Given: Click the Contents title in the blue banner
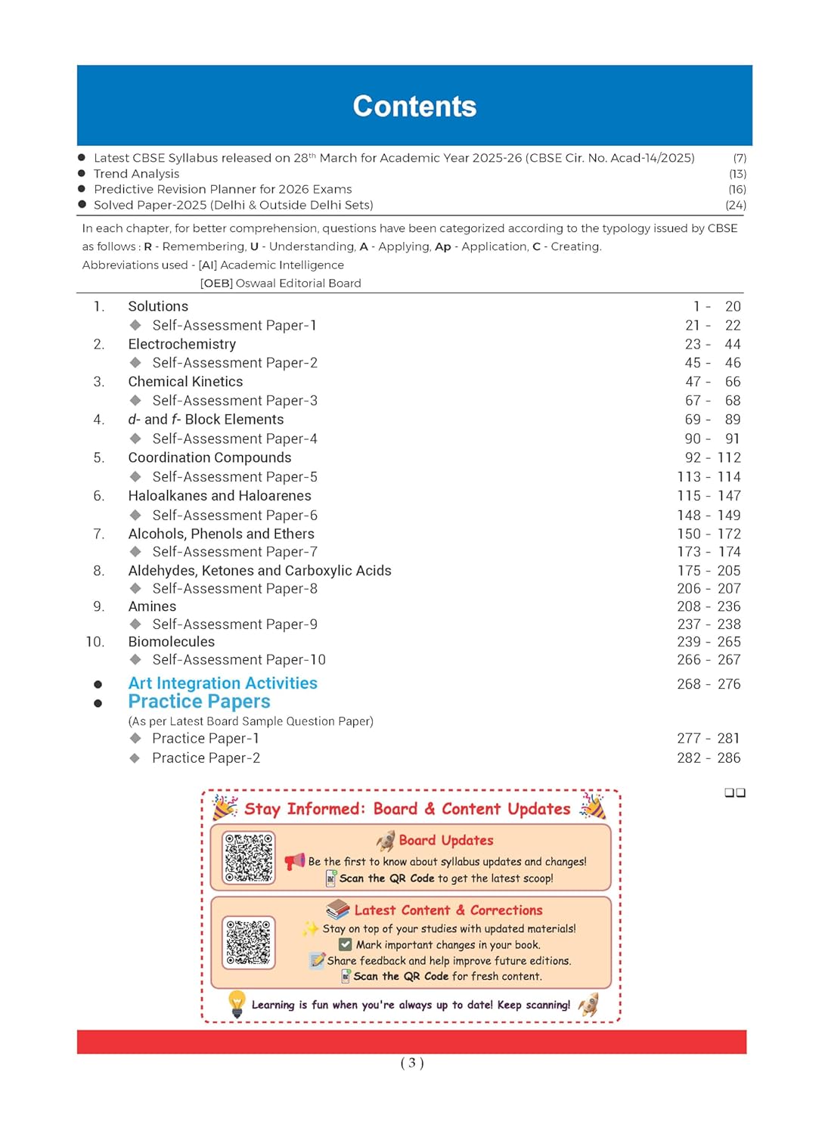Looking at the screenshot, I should coord(414,107).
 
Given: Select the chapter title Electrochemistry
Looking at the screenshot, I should coord(181,345).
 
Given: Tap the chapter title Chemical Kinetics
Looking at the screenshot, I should coord(185,382).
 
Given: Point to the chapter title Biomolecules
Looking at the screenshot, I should coord(171,642).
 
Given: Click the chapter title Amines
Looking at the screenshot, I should coord(152,606).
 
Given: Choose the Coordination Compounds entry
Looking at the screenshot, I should coord(209,457).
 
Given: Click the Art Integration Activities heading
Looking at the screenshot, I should coord(222,683).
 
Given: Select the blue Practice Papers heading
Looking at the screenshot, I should coord(199,702).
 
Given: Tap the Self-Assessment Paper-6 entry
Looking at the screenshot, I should coord(234,516).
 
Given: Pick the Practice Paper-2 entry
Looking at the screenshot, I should coord(206,758).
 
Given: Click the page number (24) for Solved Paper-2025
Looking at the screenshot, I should coord(735,205).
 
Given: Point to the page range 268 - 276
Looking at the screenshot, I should coord(709,684).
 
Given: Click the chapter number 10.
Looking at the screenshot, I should coord(95,642).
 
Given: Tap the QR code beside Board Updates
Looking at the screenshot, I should coord(249,857).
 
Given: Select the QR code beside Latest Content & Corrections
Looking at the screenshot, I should coord(248,942).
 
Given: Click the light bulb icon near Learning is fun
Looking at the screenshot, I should coord(237,1004).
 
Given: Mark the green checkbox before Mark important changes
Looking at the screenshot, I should coord(346,945).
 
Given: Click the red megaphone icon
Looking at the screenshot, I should coord(294,861).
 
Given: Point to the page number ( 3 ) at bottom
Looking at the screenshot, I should coord(412,1063).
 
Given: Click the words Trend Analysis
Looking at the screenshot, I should coord(136,174).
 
